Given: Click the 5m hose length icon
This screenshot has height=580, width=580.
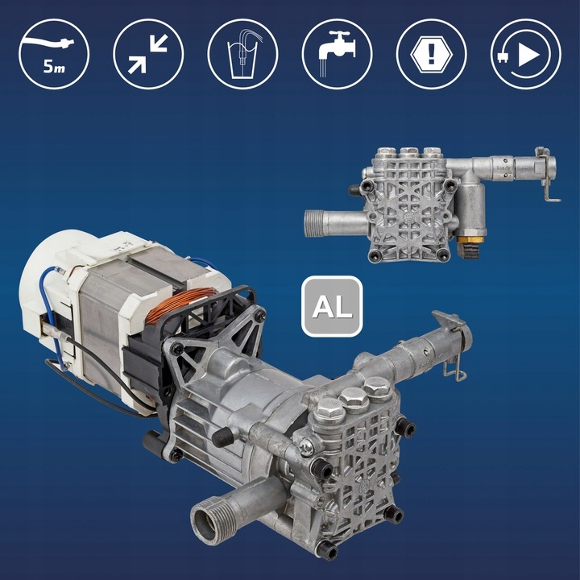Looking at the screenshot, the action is pyautogui.click(x=54, y=54).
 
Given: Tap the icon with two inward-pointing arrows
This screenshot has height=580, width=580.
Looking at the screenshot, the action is pyautogui.click(x=148, y=54).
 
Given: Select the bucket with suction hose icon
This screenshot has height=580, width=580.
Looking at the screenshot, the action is pyautogui.click(x=242, y=54).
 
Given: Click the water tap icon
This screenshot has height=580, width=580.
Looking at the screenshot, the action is pyautogui.click(x=337, y=54).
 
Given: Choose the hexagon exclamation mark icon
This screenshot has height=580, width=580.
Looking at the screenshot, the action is pyautogui.click(x=431, y=54).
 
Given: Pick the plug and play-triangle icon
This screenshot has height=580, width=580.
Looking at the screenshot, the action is pyautogui.click(x=525, y=54).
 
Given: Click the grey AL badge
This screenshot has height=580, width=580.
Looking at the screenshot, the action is pyautogui.click(x=332, y=306).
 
